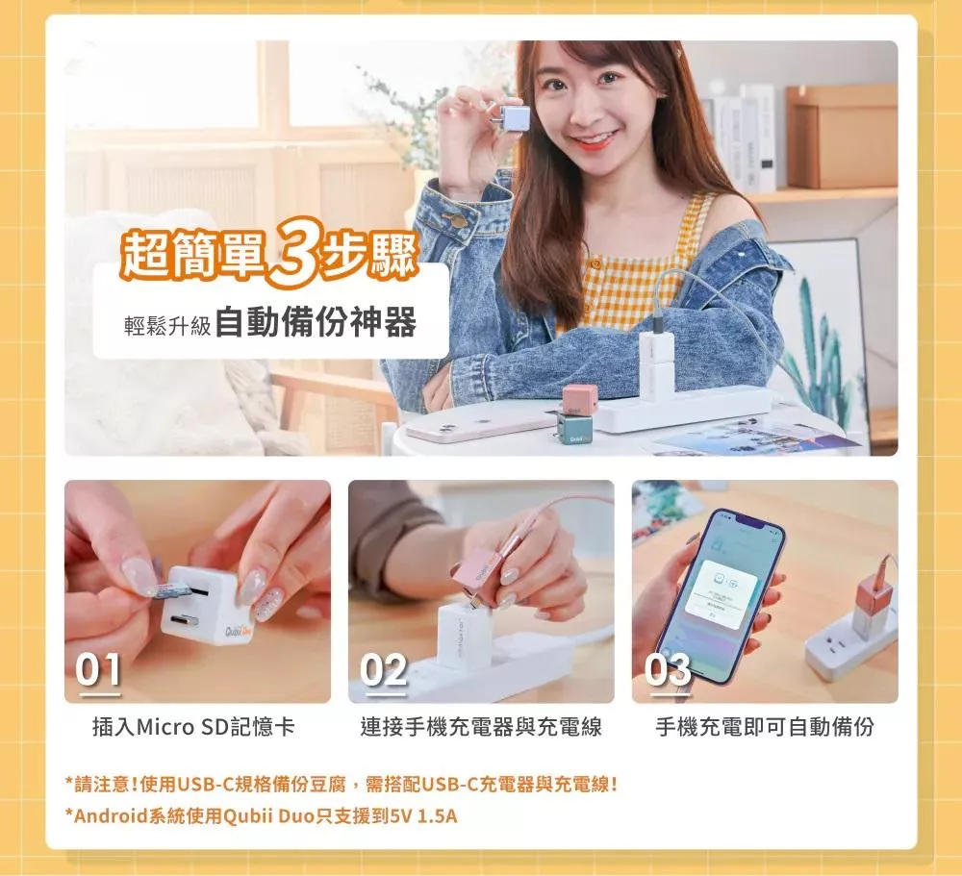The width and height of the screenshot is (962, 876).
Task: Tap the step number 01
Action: [97, 669]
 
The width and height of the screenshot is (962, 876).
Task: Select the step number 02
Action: [384, 669]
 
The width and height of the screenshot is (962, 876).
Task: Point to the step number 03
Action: [668, 669]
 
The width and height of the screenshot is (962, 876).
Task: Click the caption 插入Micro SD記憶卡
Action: [193, 727]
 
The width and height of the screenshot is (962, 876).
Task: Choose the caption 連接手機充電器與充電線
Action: [481, 727]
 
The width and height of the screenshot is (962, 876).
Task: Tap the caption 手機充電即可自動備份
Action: [765, 727]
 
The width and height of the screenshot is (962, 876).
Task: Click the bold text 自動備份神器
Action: [316, 321]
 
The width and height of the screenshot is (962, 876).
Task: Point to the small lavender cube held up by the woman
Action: [514, 118]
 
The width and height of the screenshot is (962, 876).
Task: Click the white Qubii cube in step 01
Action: [201, 606]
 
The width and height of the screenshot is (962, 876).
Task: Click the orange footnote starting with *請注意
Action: [342, 784]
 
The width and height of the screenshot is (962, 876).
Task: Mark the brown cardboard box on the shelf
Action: [841, 137]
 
